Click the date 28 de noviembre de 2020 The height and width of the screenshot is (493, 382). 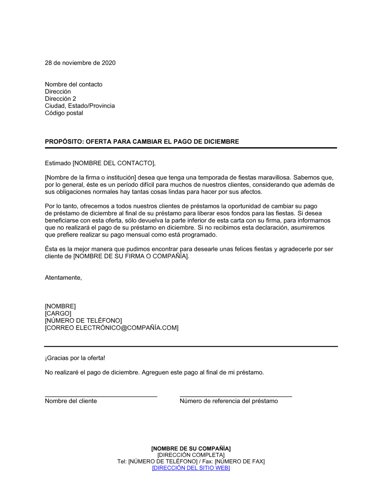[x=80, y=63]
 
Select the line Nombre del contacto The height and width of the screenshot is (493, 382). [x=74, y=84]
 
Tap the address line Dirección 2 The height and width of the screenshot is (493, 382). [x=60, y=99]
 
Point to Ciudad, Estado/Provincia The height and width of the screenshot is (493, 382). [x=80, y=106]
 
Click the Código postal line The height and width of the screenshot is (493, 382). [x=64, y=113]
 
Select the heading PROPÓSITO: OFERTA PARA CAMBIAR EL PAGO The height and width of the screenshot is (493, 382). [x=142, y=142]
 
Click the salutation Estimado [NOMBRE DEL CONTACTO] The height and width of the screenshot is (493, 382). [x=100, y=163]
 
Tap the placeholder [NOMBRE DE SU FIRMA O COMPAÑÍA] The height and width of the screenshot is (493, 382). [x=131, y=256]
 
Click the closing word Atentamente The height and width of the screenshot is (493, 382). [x=63, y=278]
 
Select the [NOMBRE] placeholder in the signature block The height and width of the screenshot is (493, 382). [x=60, y=307]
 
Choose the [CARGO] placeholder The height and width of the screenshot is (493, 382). [x=58, y=314]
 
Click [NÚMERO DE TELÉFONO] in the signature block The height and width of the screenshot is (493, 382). [x=83, y=321]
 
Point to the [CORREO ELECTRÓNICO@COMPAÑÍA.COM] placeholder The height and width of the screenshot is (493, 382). [x=112, y=328]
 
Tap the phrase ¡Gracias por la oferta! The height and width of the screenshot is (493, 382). [x=75, y=358]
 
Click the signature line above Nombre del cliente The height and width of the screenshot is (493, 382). [x=101, y=396]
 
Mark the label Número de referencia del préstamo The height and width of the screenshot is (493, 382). [x=229, y=401]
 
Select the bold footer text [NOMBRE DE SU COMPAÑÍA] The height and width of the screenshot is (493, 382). [x=191, y=449]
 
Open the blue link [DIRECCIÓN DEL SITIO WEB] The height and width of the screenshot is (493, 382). [x=191, y=468]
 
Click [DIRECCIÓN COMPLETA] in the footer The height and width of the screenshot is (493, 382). [x=191, y=455]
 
